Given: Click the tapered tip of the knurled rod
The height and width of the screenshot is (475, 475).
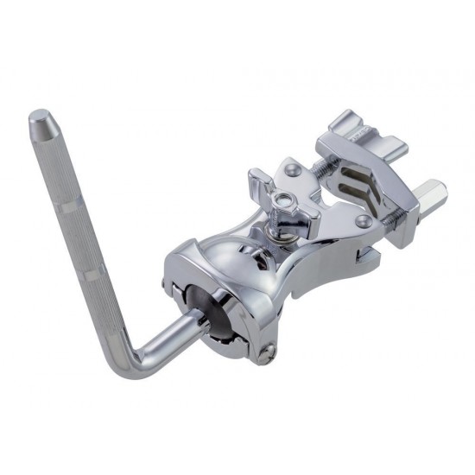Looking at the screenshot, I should tap(40, 119).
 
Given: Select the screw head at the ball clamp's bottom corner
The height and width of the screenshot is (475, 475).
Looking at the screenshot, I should tap(269, 350).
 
